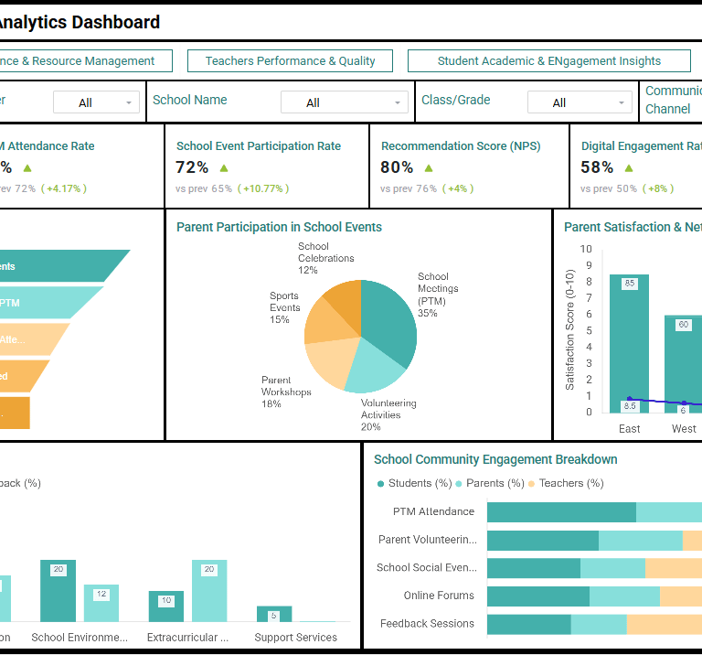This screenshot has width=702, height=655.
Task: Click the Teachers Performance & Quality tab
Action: click(290, 61)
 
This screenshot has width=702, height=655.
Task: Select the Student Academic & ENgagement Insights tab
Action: click(548, 61)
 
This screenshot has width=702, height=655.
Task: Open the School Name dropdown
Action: click(345, 102)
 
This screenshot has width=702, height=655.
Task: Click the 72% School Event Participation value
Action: click(192, 167)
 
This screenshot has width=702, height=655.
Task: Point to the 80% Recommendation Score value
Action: click(397, 167)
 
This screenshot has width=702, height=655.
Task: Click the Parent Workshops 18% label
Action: click(286, 392)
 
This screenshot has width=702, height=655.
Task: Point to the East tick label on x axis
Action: click(629, 429)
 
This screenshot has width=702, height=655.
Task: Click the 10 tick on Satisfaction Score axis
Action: click(586, 249)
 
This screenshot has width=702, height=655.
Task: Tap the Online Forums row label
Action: click(439, 596)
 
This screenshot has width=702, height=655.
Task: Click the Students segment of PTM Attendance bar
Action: click(560, 512)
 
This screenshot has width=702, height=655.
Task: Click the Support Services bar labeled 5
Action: click(273, 614)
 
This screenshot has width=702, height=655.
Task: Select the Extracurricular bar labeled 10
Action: click(165, 607)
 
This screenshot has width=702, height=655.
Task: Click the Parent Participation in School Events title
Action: click(279, 227)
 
